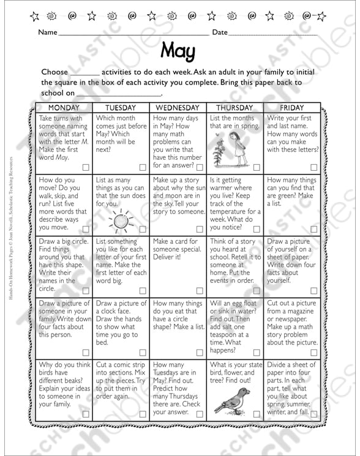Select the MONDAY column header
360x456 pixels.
[64, 108]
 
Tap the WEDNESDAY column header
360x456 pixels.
[178, 108]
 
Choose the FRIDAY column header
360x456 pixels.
[291, 108]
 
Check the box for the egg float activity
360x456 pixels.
[257, 351]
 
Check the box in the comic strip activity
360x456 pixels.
[142, 414]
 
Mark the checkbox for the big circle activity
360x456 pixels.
[85, 290]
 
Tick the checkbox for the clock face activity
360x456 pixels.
[142, 351]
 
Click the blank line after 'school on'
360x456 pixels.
[119, 94]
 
